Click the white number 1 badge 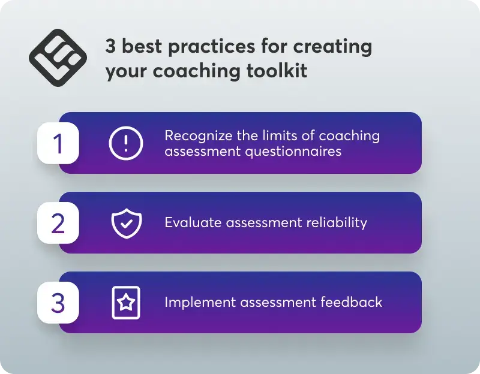[58, 143]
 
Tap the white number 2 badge [58, 223]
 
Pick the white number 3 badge [58, 303]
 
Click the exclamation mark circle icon [126, 143]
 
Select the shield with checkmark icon [126, 223]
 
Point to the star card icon [126, 303]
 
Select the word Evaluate [193, 223]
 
